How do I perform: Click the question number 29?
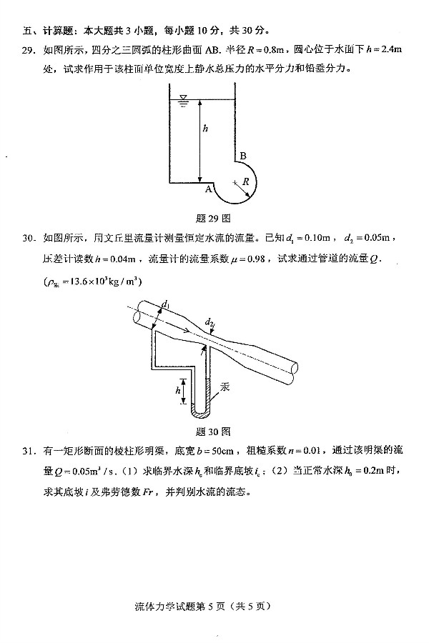click(x=29, y=50)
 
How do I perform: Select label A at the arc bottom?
click(x=209, y=189)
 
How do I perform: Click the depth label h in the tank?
click(x=205, y=128)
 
